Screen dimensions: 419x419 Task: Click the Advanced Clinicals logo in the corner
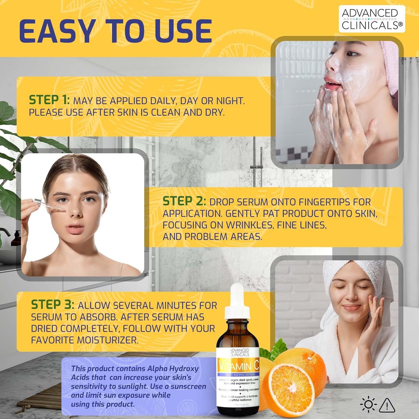pos(372,19)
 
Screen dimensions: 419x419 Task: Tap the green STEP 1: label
pos(49,100)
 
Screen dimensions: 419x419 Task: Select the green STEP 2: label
pos(184,201)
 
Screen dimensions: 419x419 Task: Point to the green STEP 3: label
pos(52,305)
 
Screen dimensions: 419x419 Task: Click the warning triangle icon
pos(387,405)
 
